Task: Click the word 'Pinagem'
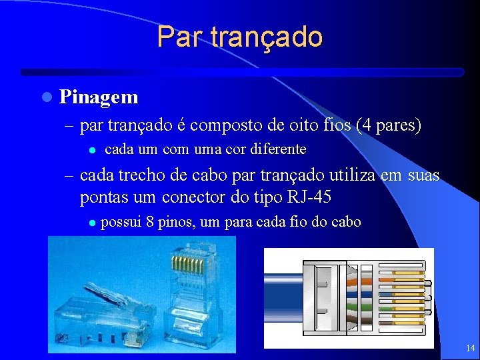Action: coord(99,97)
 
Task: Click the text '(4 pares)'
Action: coord(389,125)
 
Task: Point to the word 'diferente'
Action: coord(278,149)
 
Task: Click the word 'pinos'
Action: coord(174,223)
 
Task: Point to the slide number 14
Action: coord(470,348)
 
